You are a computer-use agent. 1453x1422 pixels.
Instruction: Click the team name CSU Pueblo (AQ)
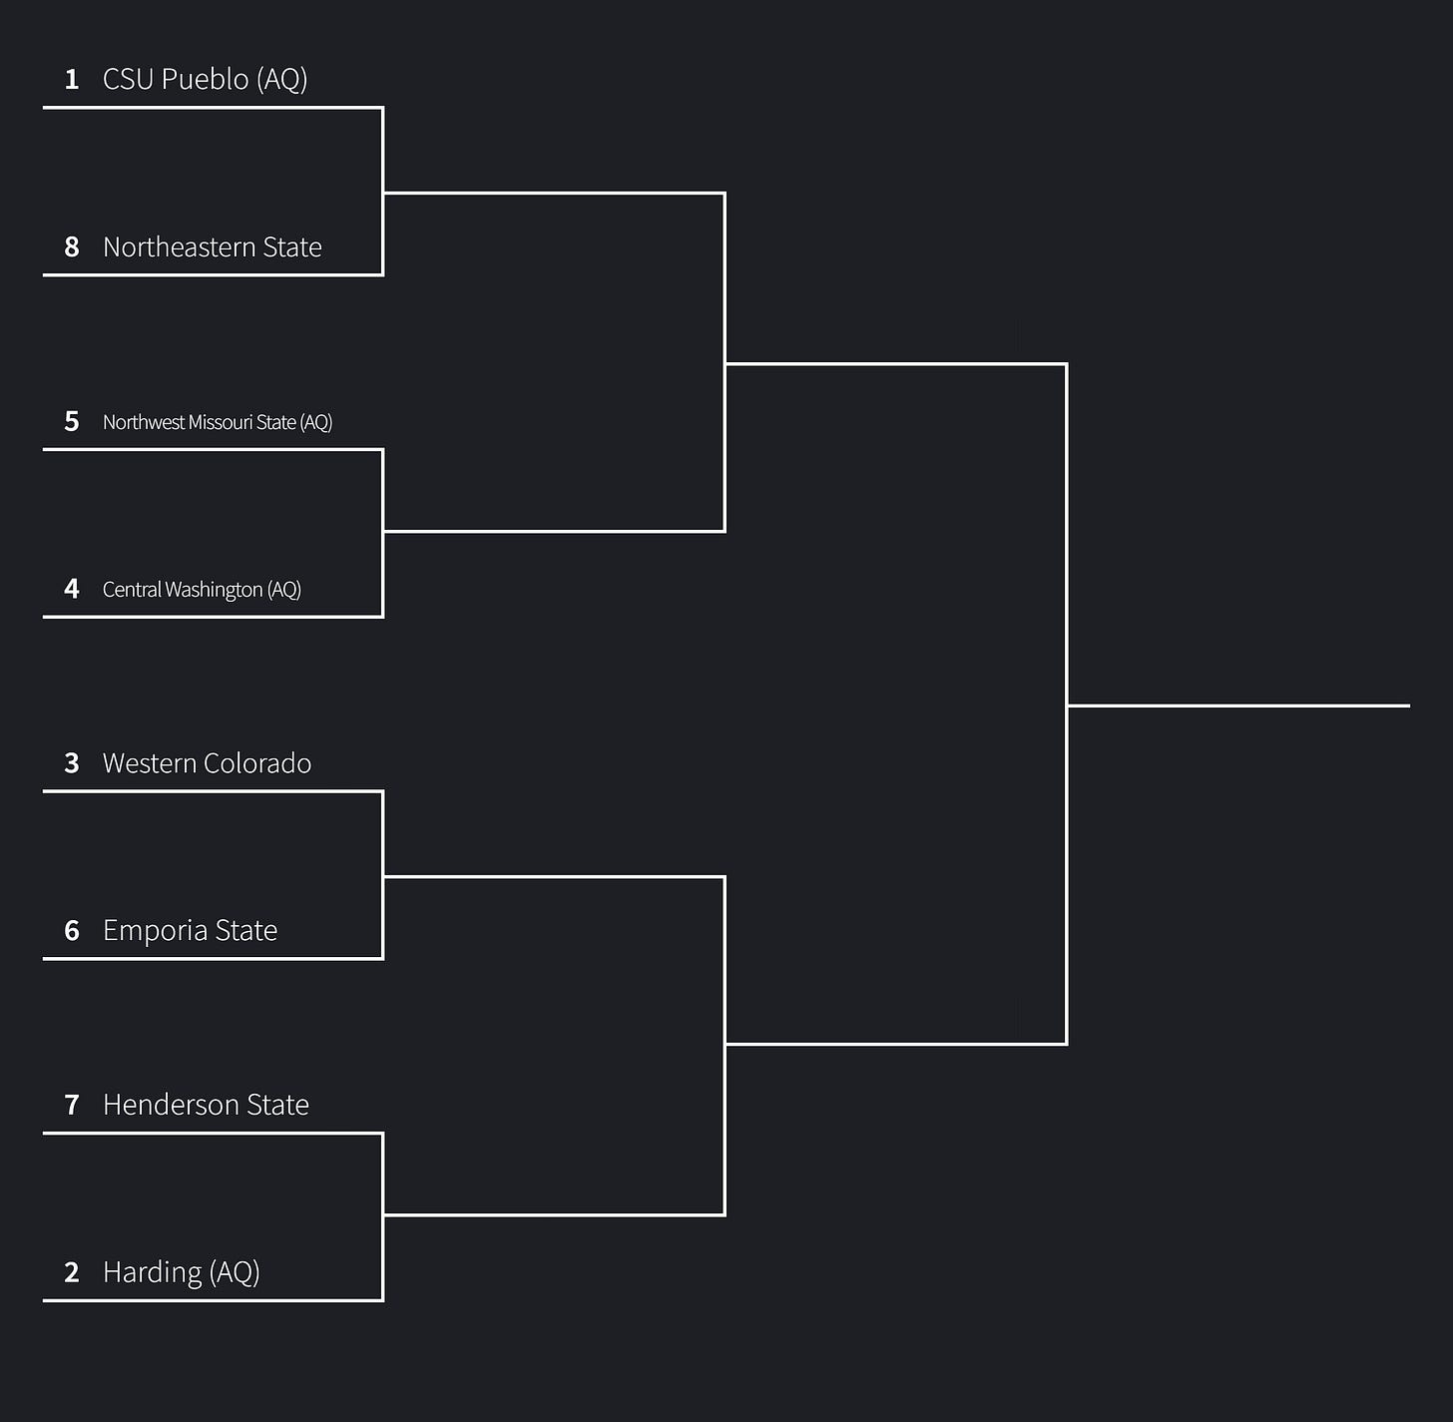pos(206,79)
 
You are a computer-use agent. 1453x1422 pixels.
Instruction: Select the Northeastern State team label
pos(212,246)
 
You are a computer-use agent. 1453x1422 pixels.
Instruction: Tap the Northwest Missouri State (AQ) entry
pos(218,422)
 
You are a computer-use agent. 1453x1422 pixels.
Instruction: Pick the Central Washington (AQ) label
pos(202,590)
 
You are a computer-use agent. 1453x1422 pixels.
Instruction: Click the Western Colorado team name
pos(207,763)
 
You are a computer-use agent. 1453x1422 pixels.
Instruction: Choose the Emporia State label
pos(190,930)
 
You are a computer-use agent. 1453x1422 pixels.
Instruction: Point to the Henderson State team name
pos(206,1105)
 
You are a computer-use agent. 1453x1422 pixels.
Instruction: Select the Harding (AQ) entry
pos(181,1272)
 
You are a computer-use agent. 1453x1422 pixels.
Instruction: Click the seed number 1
pos(72,79)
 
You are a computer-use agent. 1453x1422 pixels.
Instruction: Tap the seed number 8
pos(72,246)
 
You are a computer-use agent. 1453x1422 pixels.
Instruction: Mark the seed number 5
pos(72,421)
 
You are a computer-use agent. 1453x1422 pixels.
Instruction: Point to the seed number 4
pos(72,588)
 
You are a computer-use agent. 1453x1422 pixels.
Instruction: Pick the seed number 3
pos(72,763)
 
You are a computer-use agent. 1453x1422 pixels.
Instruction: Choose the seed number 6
pos(72,930)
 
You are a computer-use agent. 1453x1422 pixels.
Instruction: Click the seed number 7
pos(72,1105)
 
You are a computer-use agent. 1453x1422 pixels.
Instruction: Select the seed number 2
pos(72,1272)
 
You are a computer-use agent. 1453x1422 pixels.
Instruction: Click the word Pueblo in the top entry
pos(206,79)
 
